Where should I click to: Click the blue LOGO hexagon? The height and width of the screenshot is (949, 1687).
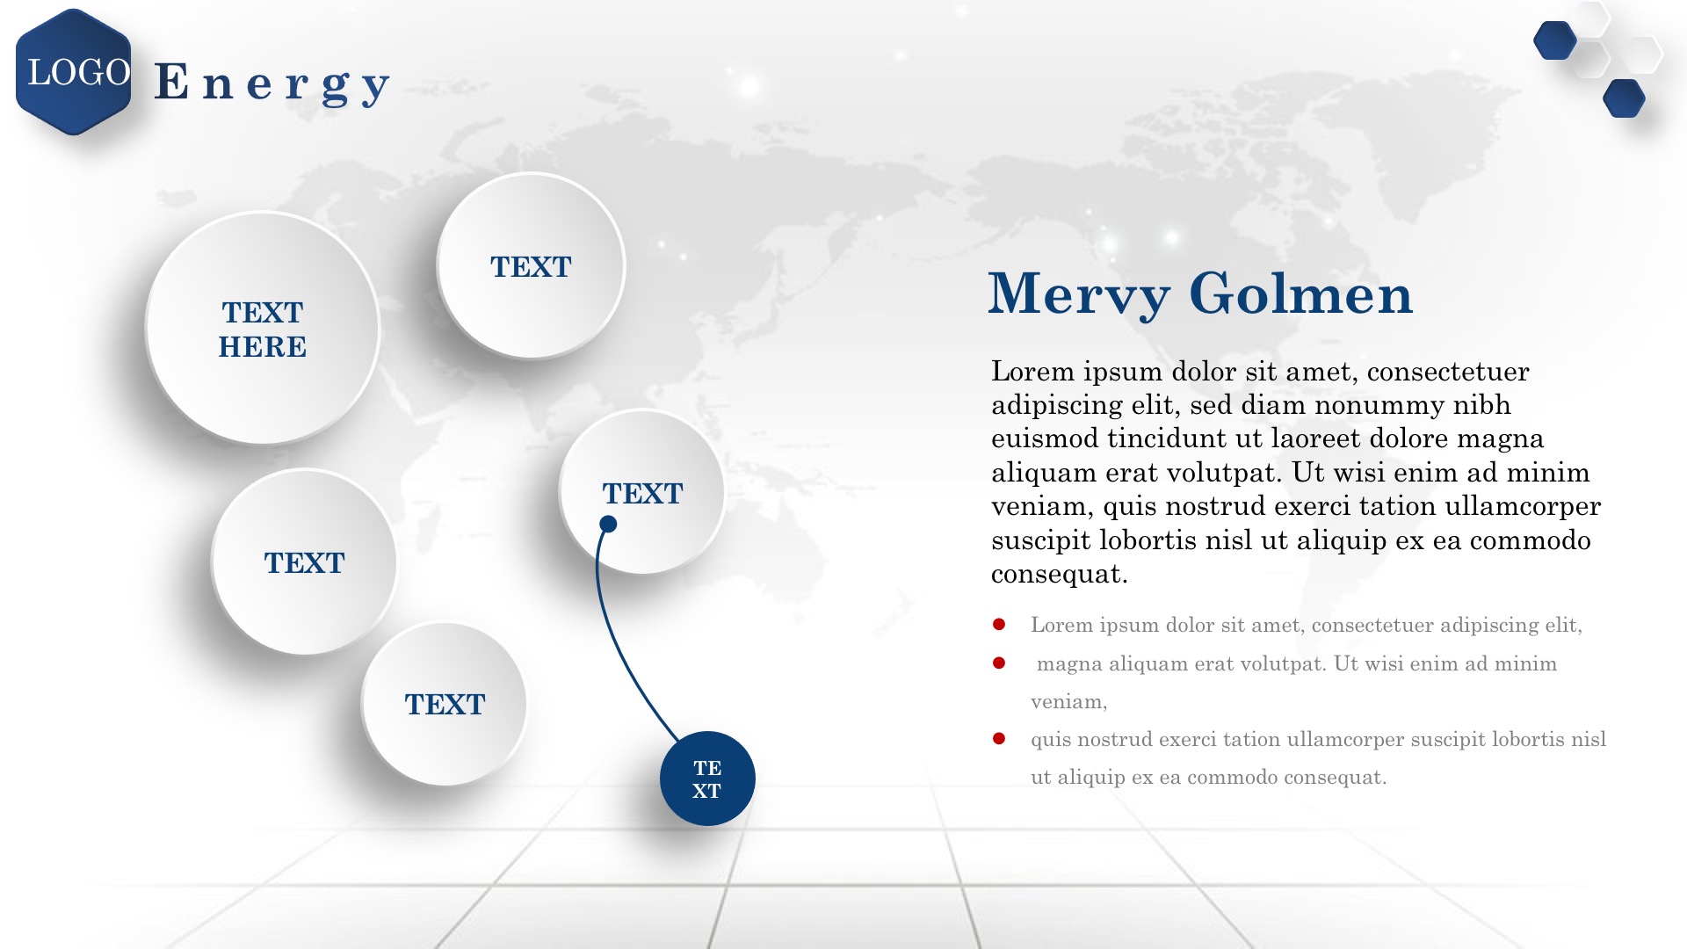74,72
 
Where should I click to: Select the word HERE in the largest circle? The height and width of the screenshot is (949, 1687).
263,347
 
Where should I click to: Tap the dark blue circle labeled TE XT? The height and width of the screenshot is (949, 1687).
707,779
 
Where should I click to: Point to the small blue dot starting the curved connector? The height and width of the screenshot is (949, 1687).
608,525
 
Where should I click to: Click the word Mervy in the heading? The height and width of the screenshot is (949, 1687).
1079,294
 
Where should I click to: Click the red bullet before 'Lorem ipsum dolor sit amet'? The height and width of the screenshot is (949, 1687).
999,625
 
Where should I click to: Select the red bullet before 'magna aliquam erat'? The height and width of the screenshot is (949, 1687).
999,663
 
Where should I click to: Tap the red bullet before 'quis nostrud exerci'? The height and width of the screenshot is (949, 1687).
999,739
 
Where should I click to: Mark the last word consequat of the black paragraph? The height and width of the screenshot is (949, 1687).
1060,575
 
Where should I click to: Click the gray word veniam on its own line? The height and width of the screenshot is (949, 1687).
1068,702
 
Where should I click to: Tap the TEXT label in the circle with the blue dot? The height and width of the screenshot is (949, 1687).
642,494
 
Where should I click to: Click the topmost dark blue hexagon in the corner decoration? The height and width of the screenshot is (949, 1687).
1554,40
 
